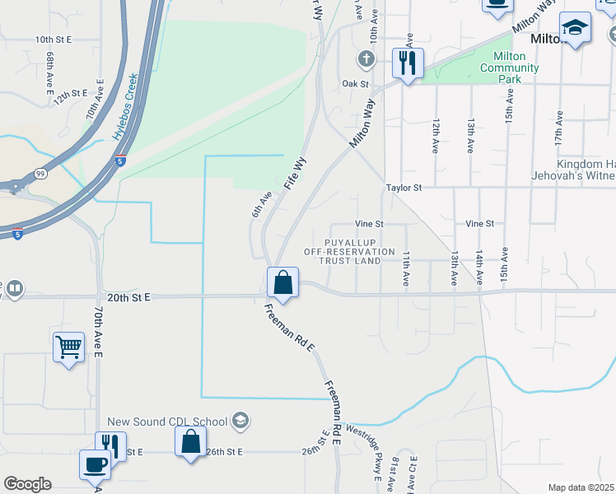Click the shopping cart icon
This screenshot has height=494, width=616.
[69, 347]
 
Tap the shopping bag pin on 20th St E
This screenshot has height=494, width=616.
[282, 282]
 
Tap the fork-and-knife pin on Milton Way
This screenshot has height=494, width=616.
[408, 63]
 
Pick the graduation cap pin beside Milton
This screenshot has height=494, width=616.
[575, 28]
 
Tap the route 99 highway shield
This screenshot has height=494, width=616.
[41, 175]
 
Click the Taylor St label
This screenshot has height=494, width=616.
[404, 188]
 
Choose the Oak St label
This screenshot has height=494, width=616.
[355, 84]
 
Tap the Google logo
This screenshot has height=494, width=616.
[27, 484]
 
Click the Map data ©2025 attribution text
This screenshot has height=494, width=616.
[581, 487]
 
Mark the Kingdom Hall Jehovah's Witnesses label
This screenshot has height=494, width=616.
[586, 169]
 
